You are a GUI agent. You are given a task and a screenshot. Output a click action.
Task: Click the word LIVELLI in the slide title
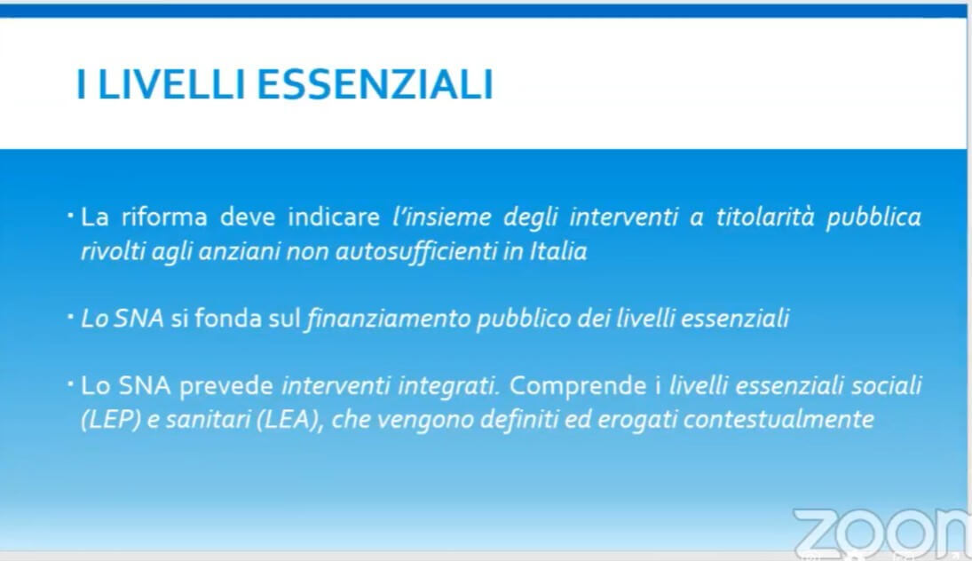[171, 84]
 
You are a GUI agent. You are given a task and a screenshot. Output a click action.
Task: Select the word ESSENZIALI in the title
[375, 84]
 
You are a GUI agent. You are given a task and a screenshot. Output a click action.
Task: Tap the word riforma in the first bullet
[164, 217]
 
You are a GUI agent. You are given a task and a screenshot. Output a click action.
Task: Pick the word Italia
[558, 251]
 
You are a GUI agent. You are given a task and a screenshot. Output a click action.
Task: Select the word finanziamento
[389, 319]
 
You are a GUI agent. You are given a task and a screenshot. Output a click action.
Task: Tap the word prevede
[226, 386]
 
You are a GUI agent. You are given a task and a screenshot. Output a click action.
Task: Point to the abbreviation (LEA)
[288, 420]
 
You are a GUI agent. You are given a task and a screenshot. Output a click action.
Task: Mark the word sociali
[887, 385]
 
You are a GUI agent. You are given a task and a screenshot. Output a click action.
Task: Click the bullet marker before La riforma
[71, 216]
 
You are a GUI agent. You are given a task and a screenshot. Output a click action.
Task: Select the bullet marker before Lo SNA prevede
[71, 384]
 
